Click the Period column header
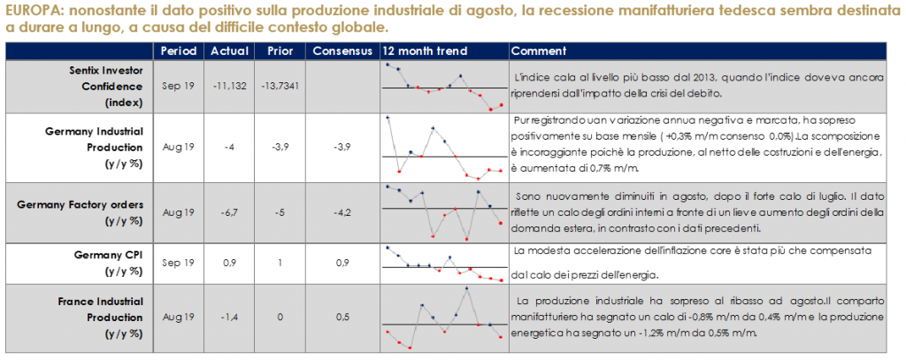(180, 50)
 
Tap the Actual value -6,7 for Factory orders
(229, 213)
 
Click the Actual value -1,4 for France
(229, 317)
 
